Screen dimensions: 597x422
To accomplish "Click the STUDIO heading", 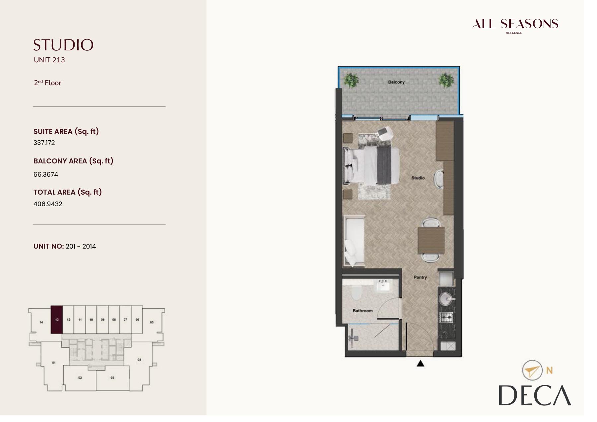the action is click(x=63, y=45).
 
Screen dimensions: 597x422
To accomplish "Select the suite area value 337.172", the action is click(x=44, y=143).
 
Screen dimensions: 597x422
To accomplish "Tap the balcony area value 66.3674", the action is click(x=46, y=174).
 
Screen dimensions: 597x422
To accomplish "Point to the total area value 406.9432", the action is click(x=48, y=204).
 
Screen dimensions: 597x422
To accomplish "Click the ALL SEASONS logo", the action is click(x=515, y=25).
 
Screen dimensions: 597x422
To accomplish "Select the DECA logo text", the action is click(x=535, y=395).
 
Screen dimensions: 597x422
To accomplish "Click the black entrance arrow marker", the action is click(x=421, y=364).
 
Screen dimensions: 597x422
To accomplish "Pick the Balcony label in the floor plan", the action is click(x=396, y=82).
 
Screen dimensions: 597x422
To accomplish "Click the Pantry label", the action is click(x=420, y=277).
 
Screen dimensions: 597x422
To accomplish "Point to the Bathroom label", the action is click(x=363, y=311).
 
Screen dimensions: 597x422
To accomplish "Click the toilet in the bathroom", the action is click(x=356, y=292).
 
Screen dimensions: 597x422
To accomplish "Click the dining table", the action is click(x=431, y=240).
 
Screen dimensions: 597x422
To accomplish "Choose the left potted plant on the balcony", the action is click(x=351, y=80).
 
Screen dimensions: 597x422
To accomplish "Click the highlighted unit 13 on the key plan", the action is click(x=56, y=320).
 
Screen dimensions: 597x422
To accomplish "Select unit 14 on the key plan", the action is click(x=41, y=322).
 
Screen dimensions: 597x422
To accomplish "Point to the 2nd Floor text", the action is click(x=47, y=83).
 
